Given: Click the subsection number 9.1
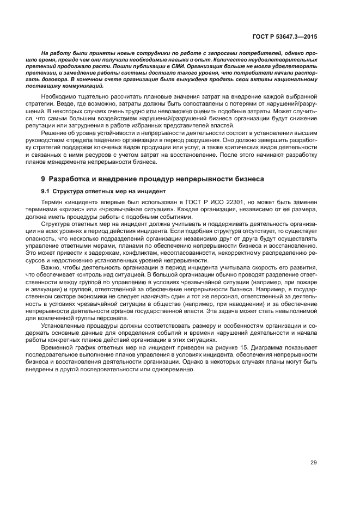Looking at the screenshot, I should (46, 191).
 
